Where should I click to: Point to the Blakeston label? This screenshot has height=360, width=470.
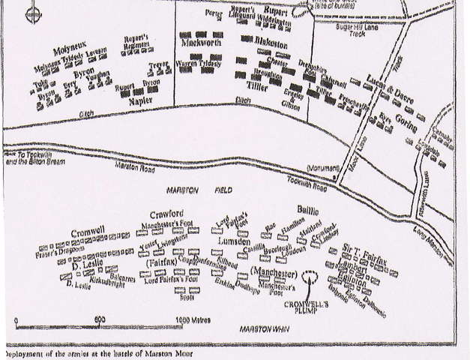[x=264, y=46]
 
